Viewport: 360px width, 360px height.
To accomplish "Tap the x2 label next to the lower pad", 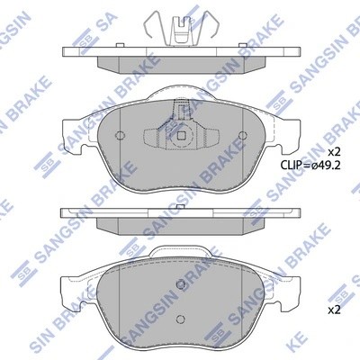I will [333, 310].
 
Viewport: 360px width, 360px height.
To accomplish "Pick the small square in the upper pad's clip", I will [183, 138].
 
